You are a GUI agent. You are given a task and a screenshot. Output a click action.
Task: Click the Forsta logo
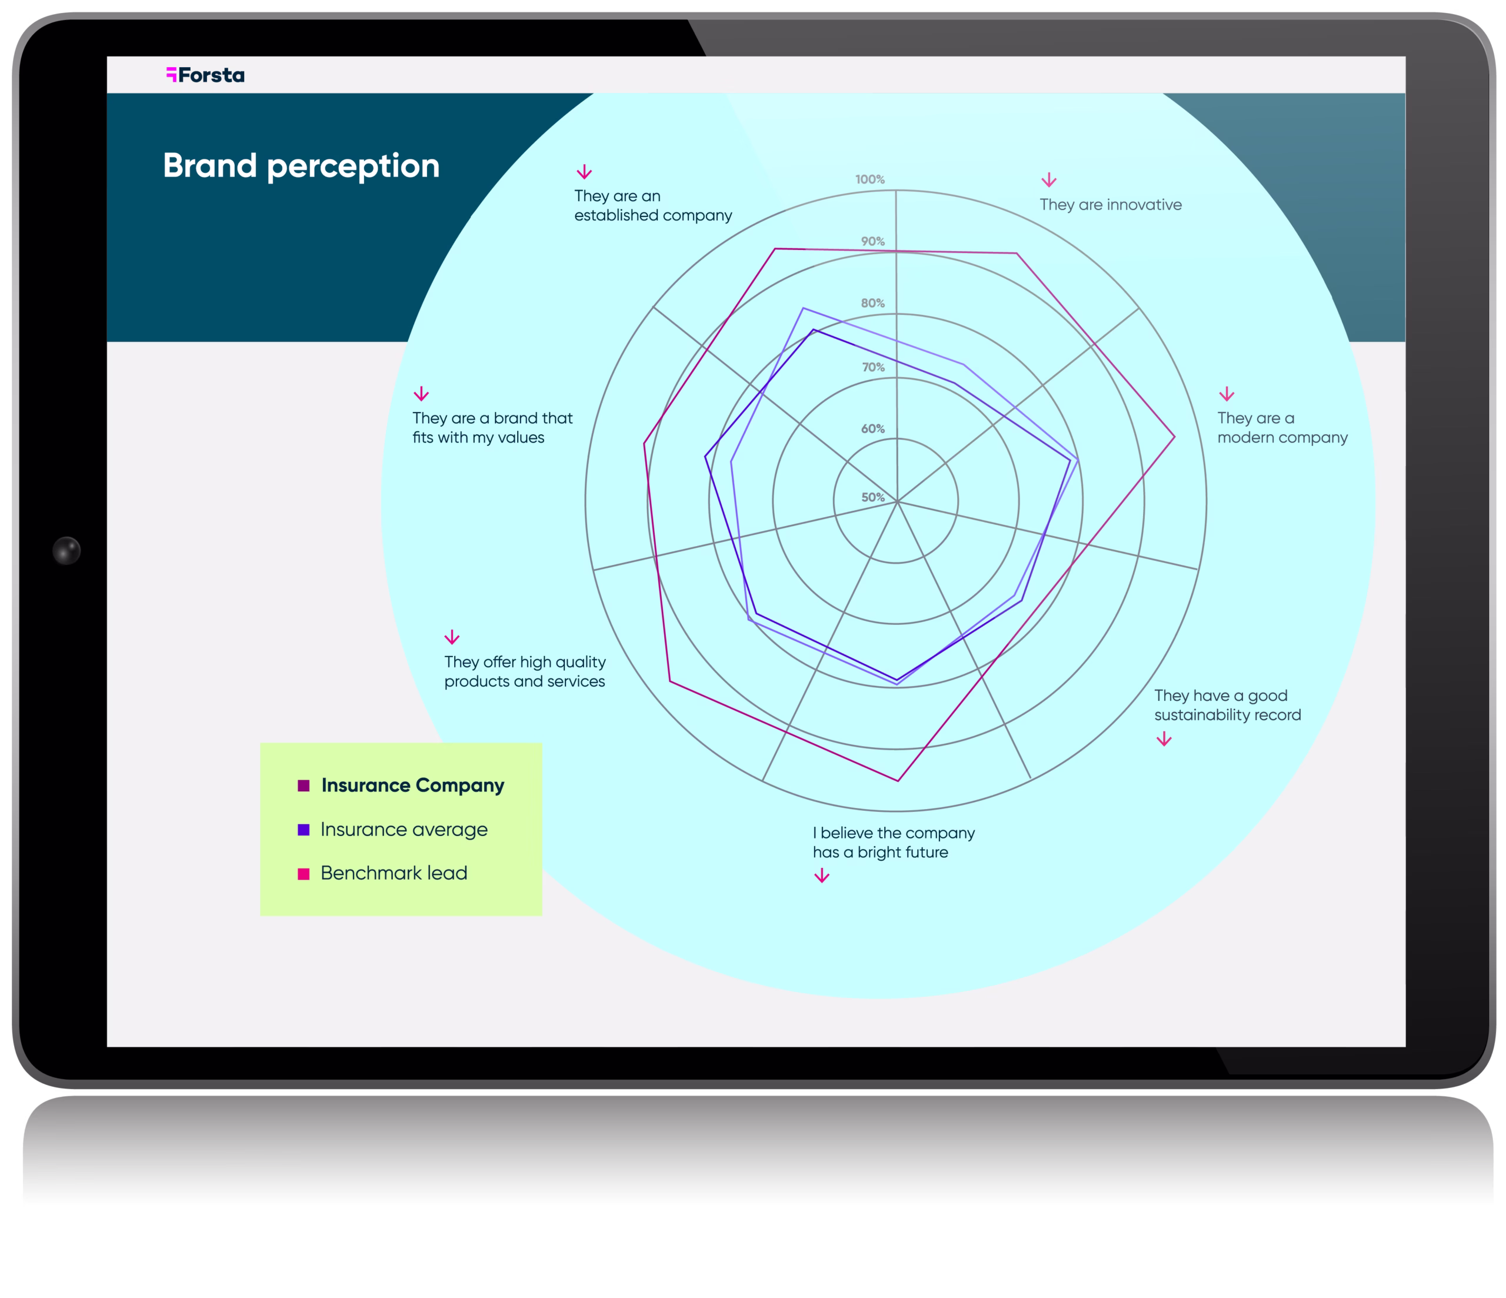(206, 75)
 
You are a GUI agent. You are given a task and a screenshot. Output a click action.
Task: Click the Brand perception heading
(301, 166)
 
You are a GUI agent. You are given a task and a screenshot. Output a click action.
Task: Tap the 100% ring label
(870, 179)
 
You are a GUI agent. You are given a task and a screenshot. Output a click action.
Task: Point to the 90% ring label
(873, 241)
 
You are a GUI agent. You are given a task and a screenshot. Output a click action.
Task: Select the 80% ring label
(873, 303)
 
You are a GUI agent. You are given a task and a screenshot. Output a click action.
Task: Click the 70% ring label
(873, 367)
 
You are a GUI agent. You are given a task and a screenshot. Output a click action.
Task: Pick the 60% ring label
(873, 429)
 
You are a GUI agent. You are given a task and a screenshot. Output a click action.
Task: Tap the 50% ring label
(873, 497)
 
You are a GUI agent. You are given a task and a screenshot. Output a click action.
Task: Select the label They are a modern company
(1282, 428)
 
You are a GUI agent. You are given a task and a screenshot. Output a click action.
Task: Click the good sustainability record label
(1227, 705)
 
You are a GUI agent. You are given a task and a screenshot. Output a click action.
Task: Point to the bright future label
(893, 843)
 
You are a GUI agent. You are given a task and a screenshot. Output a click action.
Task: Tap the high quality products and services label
(525, 671)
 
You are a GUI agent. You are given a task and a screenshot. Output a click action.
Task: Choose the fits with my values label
(492, 428)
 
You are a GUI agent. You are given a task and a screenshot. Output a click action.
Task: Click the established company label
(652, 206)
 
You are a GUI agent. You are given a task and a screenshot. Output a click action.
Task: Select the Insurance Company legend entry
(412, 786)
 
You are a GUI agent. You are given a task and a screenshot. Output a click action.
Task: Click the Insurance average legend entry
(404, 830)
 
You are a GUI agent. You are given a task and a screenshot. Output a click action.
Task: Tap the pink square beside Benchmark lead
(304, 873)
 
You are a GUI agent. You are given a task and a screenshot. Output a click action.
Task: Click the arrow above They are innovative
(1048, 180)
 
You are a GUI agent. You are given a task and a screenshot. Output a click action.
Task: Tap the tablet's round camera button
(66, 551)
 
